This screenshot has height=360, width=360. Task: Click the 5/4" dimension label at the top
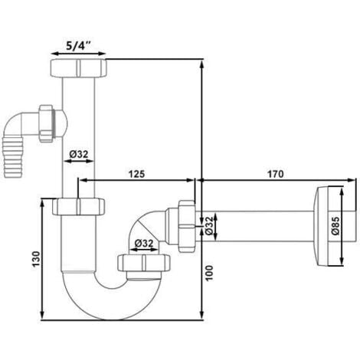pos(77,45)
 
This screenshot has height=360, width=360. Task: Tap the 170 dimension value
pos(277,173)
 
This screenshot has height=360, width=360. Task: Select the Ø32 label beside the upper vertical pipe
pos(80,154)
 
